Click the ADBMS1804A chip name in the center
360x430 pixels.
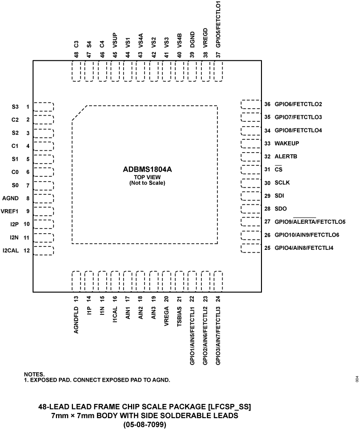point(145,169)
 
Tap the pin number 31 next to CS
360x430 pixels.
point(267,169)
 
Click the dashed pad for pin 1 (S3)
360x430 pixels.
point(44,107)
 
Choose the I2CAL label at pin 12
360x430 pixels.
point(11,250)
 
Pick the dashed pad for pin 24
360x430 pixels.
point(218,281)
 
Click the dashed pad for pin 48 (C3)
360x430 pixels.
point(76,71)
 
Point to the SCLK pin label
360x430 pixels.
point(283,183)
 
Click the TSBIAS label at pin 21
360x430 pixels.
point(179,314)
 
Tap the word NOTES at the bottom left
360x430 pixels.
point(34,375)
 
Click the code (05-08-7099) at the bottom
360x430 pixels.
point(145,424)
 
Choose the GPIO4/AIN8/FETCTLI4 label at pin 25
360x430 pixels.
point(304,248)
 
